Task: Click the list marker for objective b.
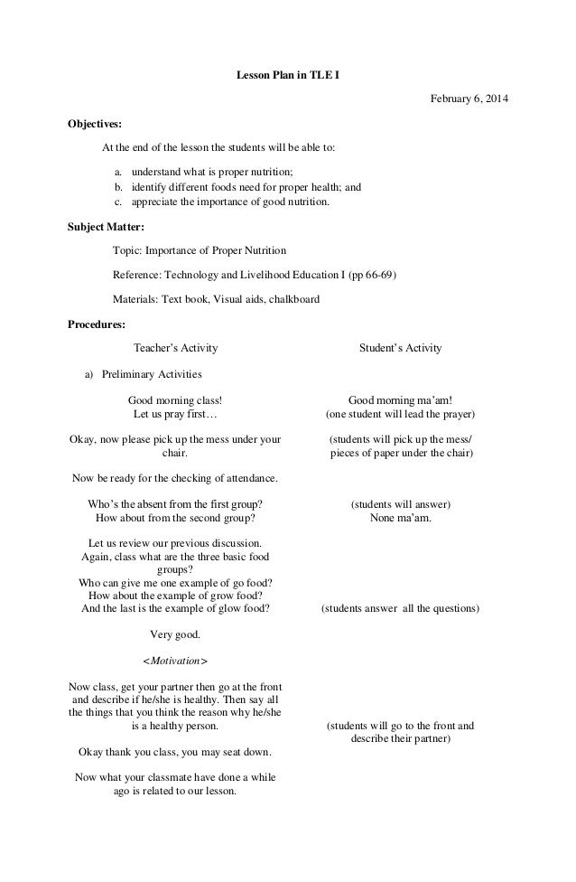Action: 118,188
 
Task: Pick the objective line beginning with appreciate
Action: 230,202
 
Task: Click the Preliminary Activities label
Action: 152,373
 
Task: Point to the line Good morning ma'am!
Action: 400,399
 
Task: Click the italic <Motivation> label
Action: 175,661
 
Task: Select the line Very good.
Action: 175,635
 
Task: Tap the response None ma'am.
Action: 400,519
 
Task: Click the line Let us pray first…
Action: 175,414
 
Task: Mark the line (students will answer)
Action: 400,504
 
